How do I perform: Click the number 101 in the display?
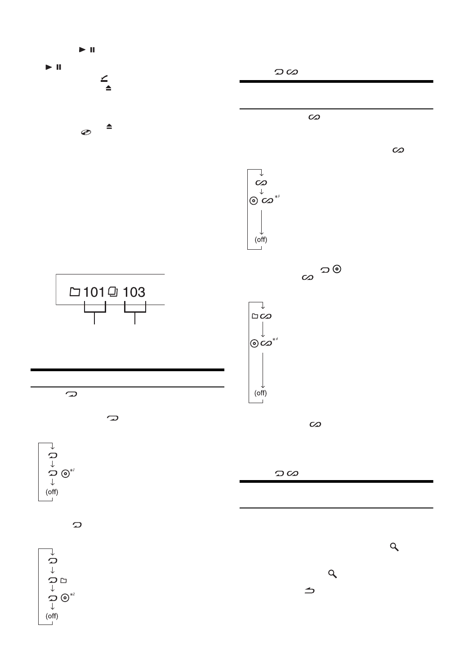(94, 292)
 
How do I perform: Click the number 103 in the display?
(134, 292)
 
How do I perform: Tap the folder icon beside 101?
(75, 292)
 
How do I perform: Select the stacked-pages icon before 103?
(113, 292)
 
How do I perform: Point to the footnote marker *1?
(72, 470)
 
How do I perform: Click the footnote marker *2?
(72, 594)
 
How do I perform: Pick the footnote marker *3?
(277, 197)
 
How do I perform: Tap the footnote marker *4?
(275, 339)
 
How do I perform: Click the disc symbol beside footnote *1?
(66, 473)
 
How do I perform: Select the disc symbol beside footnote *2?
(65, 598)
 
